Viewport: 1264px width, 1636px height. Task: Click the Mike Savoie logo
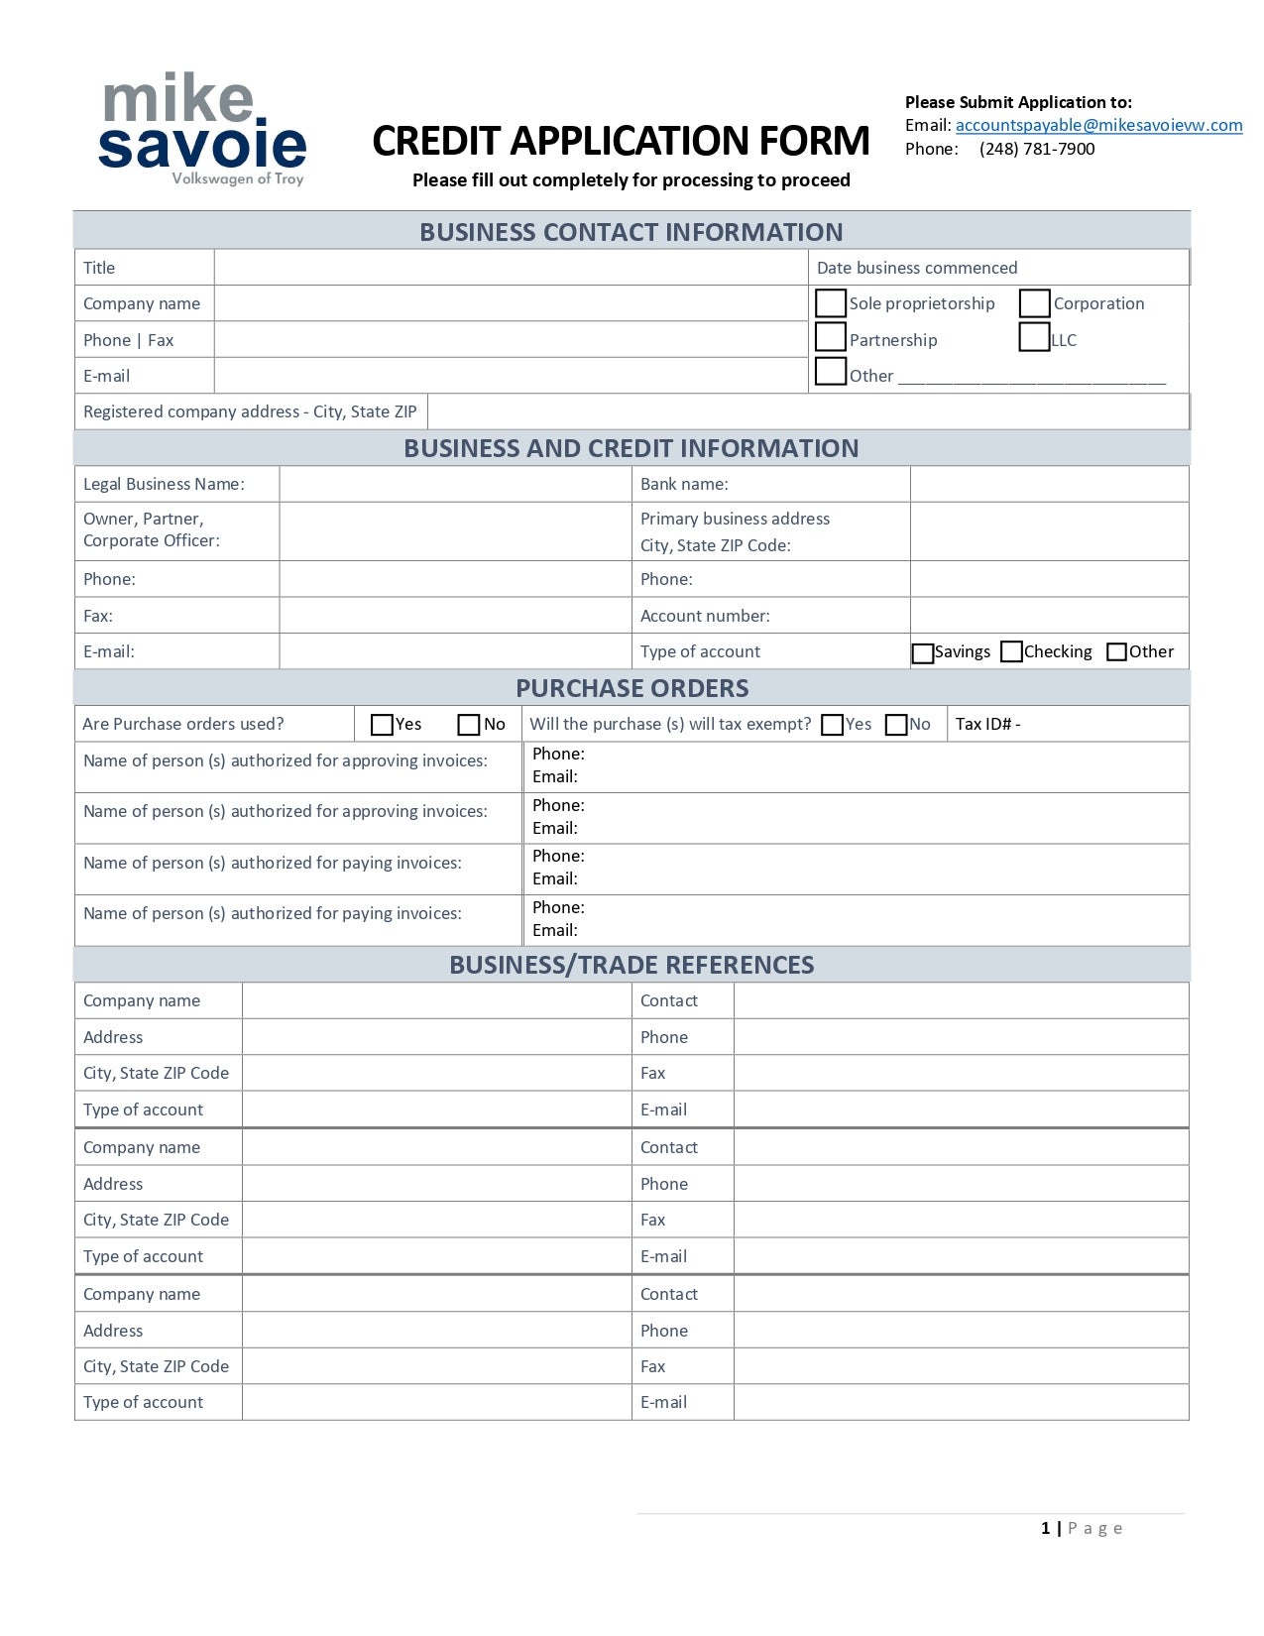coord(203,129)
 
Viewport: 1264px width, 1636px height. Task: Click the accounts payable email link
coord(1098,125)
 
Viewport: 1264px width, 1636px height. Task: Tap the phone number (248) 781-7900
coord(1037,149)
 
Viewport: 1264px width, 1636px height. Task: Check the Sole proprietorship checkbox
coord(830,302)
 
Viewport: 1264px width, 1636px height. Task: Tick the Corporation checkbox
coord(1034,302)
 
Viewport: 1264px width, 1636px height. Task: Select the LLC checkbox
coord(1034,337)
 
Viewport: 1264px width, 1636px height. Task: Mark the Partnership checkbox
coord(830,337)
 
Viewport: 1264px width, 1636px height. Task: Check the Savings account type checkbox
coord(922,653)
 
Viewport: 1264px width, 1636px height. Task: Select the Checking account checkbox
coord(1011,651)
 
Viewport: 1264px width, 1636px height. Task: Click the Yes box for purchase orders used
coord(382,725)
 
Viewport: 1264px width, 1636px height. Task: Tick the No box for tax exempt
coord(896,725)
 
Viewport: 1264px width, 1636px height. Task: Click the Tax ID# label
coord(987,724)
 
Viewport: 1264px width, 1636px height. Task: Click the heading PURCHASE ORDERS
coord(632,688)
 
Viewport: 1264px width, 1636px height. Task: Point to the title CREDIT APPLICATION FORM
coord(621,141)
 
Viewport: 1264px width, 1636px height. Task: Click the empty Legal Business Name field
coord(455,484)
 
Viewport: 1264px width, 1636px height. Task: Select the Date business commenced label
coord(917,268)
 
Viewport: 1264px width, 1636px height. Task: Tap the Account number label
coord(705,616)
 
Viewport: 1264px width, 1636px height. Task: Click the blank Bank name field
coord(1049,484)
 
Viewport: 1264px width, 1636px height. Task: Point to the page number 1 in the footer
coord(1045,1528)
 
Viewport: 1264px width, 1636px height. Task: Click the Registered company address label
coord(250,411)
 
